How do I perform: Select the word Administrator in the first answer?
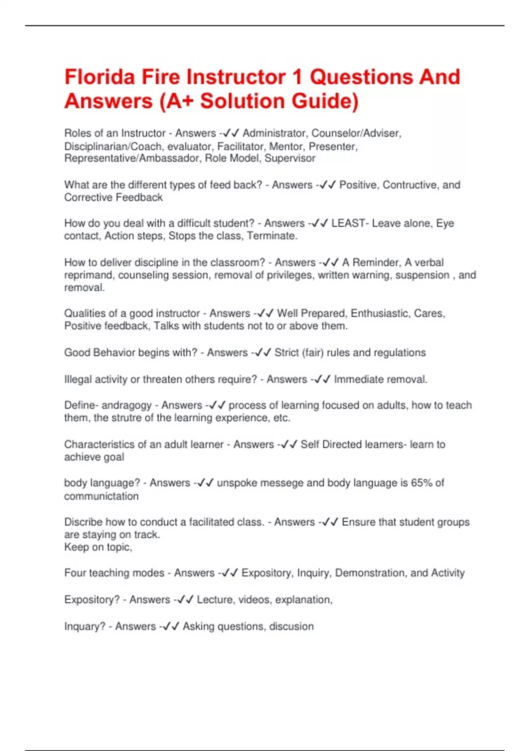274,133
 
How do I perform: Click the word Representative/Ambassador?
133,158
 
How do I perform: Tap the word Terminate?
272,236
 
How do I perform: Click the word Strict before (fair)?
286,353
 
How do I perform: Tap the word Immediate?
359,379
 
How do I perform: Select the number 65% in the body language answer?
422,483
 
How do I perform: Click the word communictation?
101,496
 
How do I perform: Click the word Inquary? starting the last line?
85,626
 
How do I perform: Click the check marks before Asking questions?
170,626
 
